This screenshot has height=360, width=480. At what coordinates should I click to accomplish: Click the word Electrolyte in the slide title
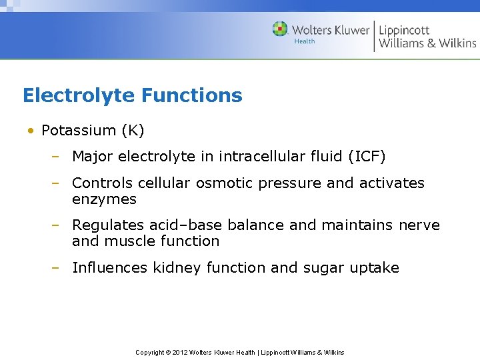click(75, 95)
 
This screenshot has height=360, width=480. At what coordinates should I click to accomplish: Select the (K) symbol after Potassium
click(130, 130)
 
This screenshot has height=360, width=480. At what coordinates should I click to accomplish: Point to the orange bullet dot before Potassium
click(31, 131)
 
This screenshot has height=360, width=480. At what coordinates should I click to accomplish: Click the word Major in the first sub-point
click(92, 157)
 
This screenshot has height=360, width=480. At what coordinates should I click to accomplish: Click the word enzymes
click(104, 199)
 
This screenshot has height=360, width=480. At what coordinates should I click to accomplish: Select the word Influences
click(109, 268)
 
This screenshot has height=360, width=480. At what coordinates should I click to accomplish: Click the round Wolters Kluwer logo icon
click(281, 29)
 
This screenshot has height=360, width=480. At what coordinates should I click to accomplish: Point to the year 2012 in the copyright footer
click(179, 352)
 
